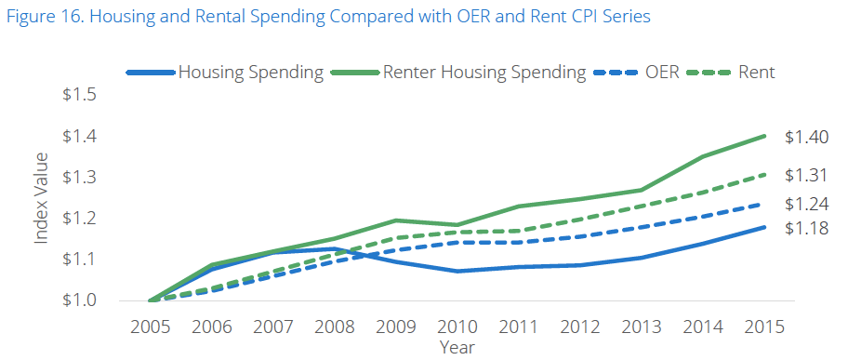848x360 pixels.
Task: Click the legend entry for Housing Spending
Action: click(251, 72)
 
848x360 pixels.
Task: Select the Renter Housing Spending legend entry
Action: click(484, 72)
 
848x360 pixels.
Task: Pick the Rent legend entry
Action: click(758, 72)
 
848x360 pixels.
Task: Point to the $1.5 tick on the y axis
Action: click(80, 95)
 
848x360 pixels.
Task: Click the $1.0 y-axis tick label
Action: click(80, 300)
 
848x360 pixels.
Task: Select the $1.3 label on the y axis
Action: click(80, 177)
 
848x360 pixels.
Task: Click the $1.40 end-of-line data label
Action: click(806, 138)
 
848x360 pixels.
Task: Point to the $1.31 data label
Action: click(806, 175)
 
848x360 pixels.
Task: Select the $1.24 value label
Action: click(806, 204)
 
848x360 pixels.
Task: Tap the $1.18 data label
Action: click(806, 228)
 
